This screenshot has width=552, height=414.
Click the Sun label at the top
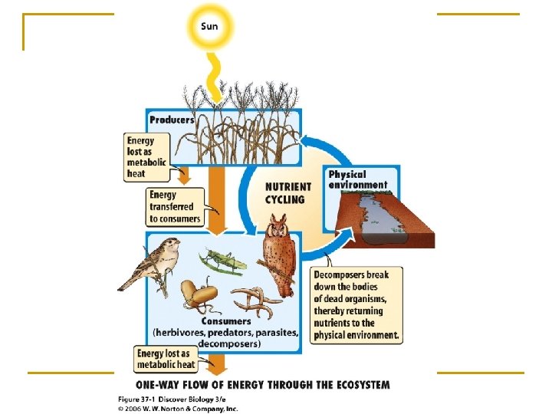point(209,26)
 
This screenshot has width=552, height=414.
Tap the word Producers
point(172,120)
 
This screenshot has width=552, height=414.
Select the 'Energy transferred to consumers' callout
point(175,207)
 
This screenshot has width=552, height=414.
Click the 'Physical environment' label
point(358,179)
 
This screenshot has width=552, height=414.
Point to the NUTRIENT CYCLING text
point(287,192)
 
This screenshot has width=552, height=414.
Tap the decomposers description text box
point(356,304)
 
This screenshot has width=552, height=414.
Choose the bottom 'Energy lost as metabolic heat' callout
point(166,359)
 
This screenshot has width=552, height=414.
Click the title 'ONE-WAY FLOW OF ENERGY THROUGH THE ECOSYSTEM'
point(262,384)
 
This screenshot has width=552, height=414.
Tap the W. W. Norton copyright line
point(178,408)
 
